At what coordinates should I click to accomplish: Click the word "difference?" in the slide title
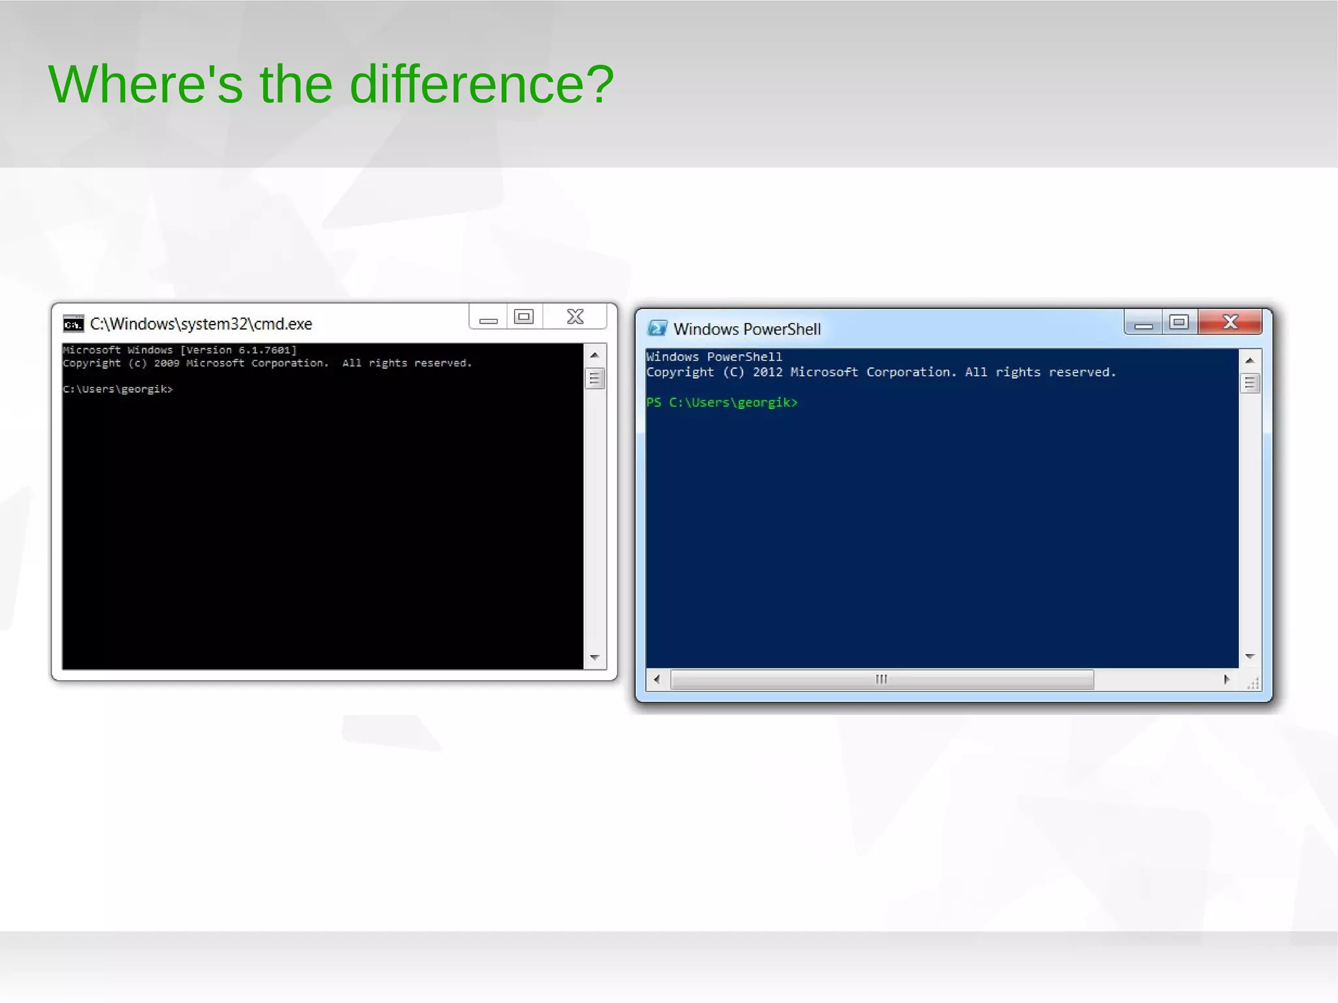(x=481, y=84)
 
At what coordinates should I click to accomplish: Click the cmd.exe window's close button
(x=575, y=317)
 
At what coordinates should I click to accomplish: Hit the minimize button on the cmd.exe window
(x=488, y=318)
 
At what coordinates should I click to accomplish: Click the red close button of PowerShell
(x=1230, y=322)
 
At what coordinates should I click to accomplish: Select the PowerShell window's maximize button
(x=1179, y=322)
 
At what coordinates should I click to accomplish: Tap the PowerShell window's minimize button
(x=1143, y=323)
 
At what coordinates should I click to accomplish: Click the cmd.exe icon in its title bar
(x=73, y=323)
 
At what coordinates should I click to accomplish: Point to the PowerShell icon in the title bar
(x=657, y=328)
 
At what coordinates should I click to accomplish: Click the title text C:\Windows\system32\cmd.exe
(x=201, y=324)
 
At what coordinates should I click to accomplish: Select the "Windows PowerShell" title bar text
(x=747, y=329)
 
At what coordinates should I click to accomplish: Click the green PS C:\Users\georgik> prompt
(x=722, y=403)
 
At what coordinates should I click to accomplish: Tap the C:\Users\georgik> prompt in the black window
(x=118, y=389)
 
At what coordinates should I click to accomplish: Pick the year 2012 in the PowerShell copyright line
(x=767, y=372)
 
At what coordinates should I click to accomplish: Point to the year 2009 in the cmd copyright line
(x=167, y=363)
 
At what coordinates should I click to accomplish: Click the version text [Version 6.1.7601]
(x=238, y=350)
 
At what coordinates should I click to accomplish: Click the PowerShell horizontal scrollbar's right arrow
(x=1226, y=680)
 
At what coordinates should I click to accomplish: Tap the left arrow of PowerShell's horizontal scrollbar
(x=657, y=680)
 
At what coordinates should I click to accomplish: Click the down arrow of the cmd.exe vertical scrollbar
(x=595, y=657)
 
